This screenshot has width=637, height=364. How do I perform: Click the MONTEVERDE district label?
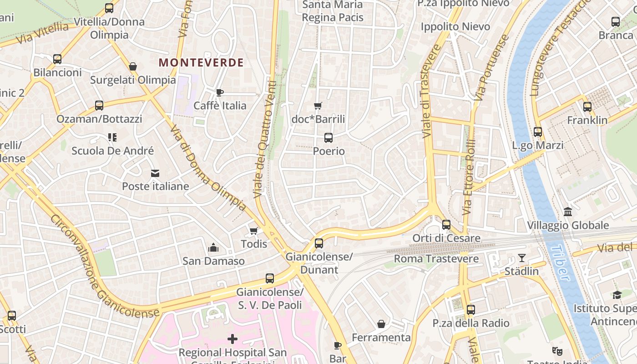click(x=201, y=63)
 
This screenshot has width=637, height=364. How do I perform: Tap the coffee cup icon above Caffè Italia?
click(x=220, y=93)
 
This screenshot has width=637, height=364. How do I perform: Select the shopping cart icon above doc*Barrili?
click(x=318, y=106)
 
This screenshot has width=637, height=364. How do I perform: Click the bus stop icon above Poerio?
click(x=329, y=137)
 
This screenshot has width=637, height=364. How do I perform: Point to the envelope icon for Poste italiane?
click(x=155, y=173)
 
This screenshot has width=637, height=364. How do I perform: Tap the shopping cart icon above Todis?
click(x=254, y=231)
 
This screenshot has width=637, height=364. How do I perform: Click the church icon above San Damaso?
click(x=213, y=248)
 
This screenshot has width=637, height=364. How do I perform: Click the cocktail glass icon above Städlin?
click(x=522, y=258)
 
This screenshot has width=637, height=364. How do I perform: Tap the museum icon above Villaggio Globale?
click(x=568, y=212)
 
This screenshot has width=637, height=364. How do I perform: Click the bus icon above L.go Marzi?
click(x=538, y=132)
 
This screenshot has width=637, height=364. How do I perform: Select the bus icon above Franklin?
click(x=587, y=107)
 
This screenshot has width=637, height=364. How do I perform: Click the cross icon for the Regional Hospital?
click(x=233, y=339)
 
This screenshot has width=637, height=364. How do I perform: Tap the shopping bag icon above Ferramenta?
click(x=381, y=324)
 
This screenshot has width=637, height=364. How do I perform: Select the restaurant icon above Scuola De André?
click(x=112, y=137)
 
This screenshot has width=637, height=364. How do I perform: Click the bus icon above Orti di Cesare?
click(x=446, y=225)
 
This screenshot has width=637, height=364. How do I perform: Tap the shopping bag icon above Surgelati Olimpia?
click(x=133, y=67)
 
